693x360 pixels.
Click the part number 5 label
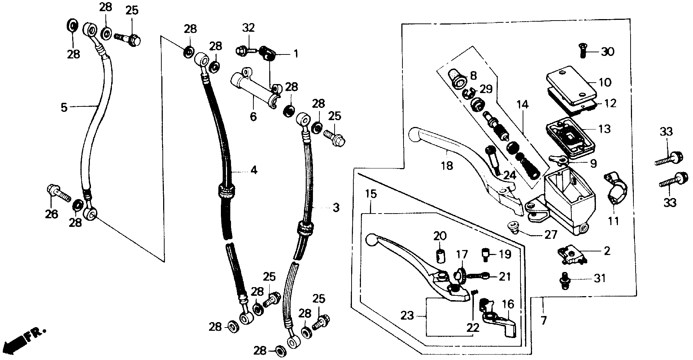(x=64, y=107)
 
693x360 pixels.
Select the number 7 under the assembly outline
(x=544, y=320)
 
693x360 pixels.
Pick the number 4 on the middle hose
(x=254, y=170)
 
